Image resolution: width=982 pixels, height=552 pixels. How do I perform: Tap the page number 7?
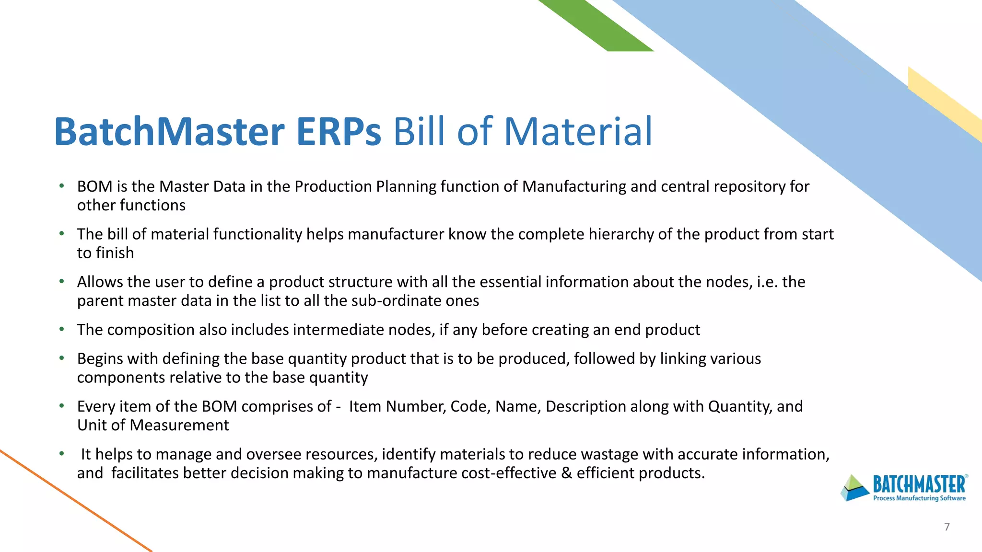click(x=947, y=527)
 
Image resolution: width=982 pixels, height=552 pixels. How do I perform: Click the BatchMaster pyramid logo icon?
click(x=855, y=488)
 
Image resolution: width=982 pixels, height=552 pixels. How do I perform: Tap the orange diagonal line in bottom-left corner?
click(x=72, y=498)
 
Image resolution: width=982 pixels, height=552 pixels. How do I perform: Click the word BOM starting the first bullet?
click(x=94, y=186)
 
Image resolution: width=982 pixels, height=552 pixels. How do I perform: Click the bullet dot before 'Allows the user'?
click(x=62, y=282)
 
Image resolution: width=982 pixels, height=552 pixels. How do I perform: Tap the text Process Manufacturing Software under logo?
click(x=919, y=498)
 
